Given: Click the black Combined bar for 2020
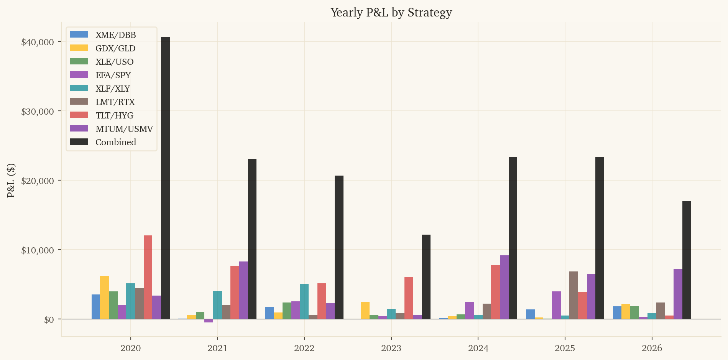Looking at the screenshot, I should [x=165, y=178].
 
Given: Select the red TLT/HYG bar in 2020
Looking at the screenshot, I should [x=148, y=277].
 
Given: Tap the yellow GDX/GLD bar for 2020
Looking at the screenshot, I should [x=104, y=298].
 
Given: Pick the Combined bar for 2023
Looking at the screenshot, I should [x=426, y=277].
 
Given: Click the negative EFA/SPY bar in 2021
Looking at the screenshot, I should [x=209, y=321].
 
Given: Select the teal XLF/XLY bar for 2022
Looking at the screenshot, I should [x=304, y=301].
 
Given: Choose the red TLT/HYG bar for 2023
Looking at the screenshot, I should [x=409, y=298].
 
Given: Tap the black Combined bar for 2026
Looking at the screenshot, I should [x=687, y=260].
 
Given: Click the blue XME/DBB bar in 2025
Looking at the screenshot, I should [x=530, y=314].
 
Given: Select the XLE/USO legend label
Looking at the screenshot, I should [x=114, y=62].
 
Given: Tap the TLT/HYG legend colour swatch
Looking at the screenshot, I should [x=79, y=115].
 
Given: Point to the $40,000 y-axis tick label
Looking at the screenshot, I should [x=37, y=42].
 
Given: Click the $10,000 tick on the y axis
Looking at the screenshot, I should [x=37, y=250].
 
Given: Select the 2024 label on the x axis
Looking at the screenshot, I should [x=478, y=348].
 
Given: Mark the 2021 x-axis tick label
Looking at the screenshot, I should [x=217, y=348].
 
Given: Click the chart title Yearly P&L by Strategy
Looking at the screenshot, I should [x=391, y=12].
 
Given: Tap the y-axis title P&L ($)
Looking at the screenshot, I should [x=11, y=180].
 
